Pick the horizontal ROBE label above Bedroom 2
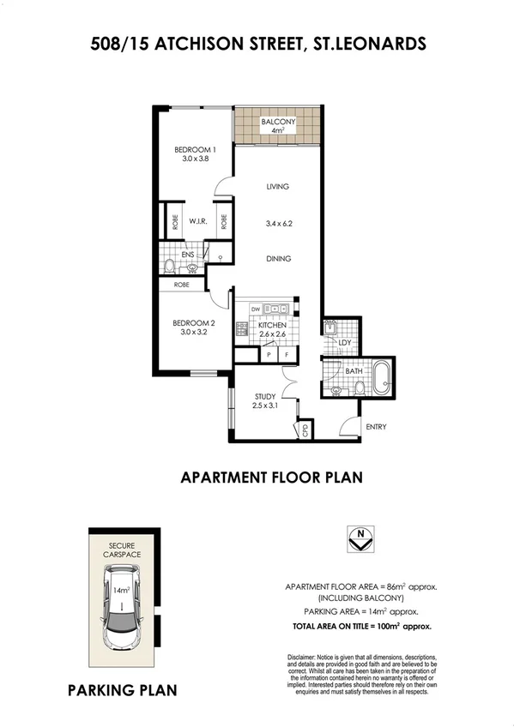click(x=182, y=285)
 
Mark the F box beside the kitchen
click(x=287, y=354)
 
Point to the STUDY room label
click(x=264, y=396)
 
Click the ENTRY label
click(x=377, y=426)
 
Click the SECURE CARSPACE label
click(x=123, y=550)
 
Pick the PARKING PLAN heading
click(x=123, y=688)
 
